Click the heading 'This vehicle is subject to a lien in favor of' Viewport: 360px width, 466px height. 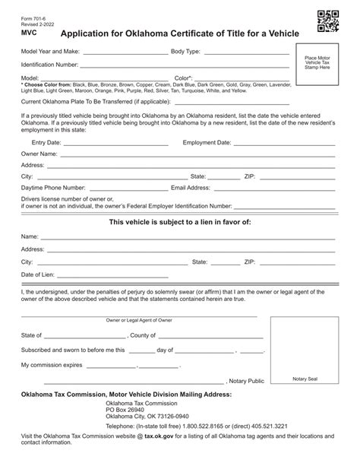click(180, 221)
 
